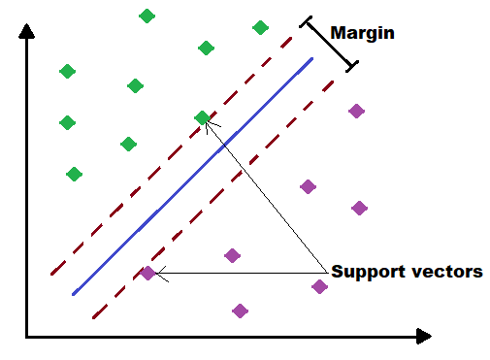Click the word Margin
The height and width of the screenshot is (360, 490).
(363, 32)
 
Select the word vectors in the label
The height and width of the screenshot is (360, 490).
(445, 272)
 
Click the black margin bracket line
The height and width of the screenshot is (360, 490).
(331, 42)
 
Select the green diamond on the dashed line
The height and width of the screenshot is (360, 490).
(202, 117)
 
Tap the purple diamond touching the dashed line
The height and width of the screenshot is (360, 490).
(147, 273)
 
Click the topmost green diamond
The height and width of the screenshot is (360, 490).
(147, 16)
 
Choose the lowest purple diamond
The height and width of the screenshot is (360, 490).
(241, 311)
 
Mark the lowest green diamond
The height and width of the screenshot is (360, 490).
(74, 174)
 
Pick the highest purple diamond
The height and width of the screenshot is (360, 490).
(356, 111)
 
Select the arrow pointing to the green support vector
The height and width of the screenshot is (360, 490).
(267, 194)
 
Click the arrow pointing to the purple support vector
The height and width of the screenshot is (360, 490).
(243, 274)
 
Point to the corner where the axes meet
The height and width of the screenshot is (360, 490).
(28, 337)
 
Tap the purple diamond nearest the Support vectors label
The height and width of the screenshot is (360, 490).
(319, 285)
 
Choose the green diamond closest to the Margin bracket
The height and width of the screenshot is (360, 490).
(260, 27)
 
